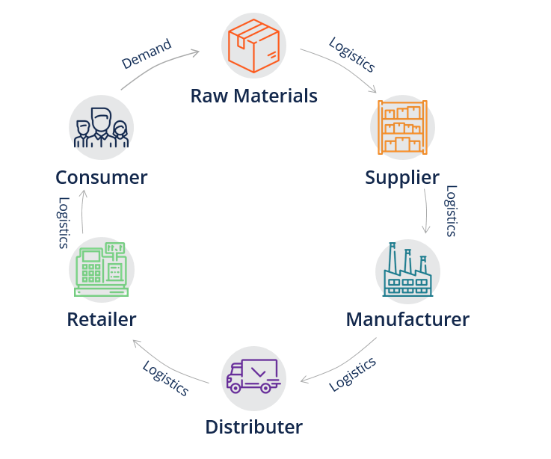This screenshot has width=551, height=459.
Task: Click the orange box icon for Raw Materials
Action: tap(253, 46)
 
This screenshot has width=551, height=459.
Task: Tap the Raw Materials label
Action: tap(253, 96)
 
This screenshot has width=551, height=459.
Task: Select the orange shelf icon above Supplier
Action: tap(402, 127)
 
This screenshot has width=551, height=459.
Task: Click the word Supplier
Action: tap(402, 178)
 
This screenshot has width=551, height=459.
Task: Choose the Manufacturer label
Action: tap(407, 320)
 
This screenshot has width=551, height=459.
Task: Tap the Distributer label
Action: tap(253, 428)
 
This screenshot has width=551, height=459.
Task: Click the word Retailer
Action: tap(102, 320)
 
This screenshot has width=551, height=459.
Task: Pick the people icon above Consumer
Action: tap(101, 128)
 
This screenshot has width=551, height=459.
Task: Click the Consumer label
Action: tap(101, 178)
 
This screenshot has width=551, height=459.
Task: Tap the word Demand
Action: tap(147, 55)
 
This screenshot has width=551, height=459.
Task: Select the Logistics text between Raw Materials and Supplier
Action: tap(352, 55)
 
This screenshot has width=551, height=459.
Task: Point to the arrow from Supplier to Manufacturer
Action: tap(427, 211)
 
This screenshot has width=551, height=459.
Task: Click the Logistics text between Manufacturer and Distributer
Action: tap(352, 374)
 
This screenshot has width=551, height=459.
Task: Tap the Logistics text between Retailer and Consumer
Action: tap(64, 223)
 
